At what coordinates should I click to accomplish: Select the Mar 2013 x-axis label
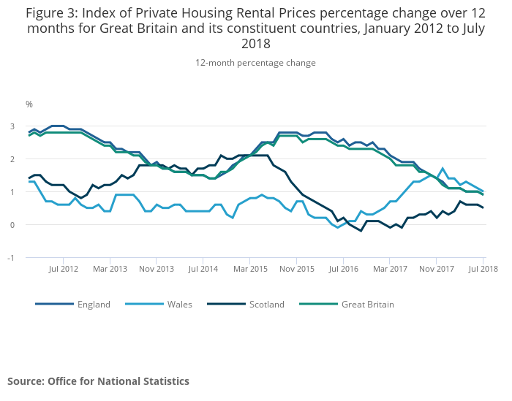110,270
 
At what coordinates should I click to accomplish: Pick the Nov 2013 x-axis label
157,270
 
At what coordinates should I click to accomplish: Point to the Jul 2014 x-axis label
203,270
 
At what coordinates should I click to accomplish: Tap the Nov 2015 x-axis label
296,270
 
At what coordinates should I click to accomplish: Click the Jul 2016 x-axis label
343,270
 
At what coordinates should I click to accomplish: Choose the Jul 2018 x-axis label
483,270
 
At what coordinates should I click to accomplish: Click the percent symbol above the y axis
29,104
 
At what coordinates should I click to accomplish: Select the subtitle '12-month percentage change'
255,63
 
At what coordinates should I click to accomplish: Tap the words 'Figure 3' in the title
53,12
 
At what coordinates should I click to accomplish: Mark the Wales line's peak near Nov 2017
443,169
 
